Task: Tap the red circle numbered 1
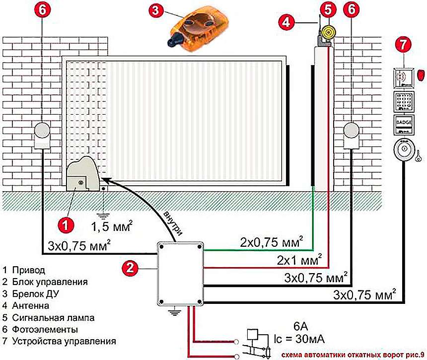click(x=65, y=224)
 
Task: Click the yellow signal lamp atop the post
click(x=327, y=33)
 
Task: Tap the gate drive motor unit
click(x=81, y=175)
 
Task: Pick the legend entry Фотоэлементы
click(x=40, y=329)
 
